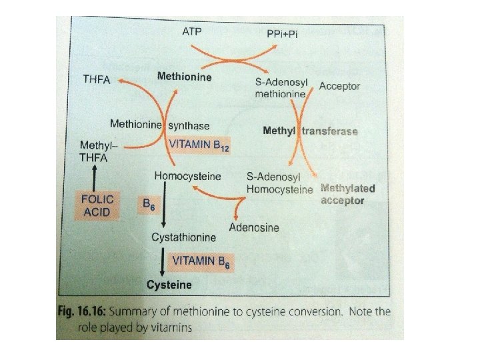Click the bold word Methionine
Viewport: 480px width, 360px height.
click(184, 77)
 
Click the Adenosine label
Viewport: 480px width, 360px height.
click(254, 227)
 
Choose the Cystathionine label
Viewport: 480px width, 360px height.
click(183, 237)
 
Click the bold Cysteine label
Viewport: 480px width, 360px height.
click(169, 285)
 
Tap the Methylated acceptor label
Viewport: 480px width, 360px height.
click(347, 194)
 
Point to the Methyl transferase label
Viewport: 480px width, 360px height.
click(311, 131)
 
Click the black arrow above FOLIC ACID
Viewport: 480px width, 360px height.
click(96, 176)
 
